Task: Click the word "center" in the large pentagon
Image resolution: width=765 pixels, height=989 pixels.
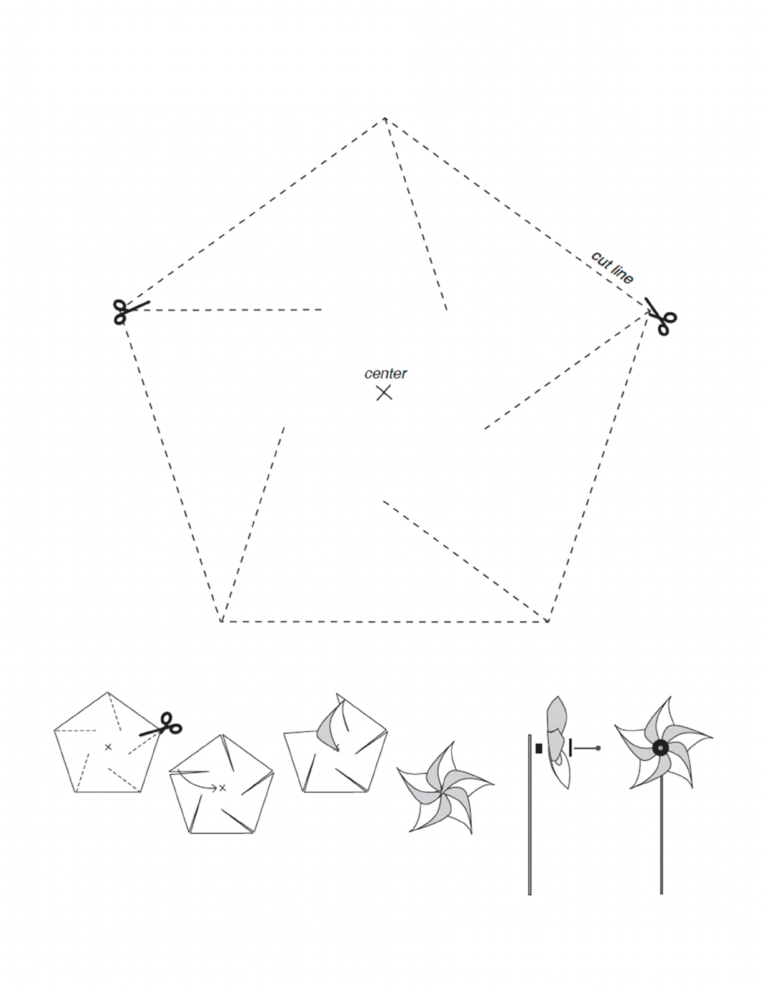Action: [x=386, y=373]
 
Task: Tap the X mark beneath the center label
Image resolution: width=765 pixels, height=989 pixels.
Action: [x=384, y=392]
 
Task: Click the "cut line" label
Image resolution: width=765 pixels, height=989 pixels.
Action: [x=612, y=268]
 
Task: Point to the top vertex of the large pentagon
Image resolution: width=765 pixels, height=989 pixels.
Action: [x=385, y=118]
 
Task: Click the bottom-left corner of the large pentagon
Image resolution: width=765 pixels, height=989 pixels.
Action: [x=221, y=621]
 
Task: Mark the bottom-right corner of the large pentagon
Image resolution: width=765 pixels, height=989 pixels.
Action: [x=548, y=621]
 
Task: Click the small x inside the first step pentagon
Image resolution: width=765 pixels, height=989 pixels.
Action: [x=108, y=747]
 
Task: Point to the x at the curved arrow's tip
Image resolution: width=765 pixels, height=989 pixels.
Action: [x=222, y=787]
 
